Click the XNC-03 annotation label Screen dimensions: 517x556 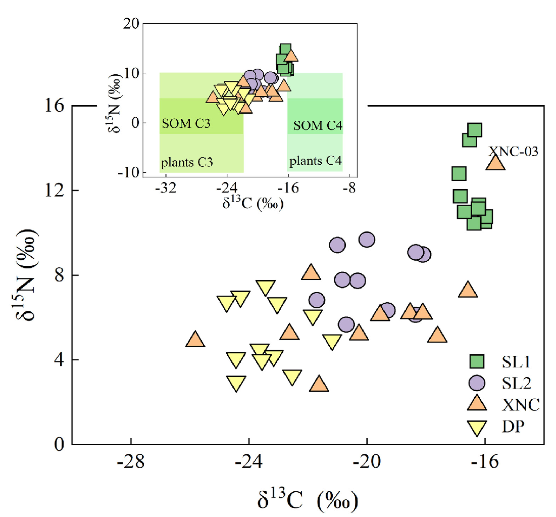(513, 151)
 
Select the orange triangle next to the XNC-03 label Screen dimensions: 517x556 (495, 163)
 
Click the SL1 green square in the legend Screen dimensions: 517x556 (477, 361)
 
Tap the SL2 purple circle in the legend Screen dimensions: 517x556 (477, 383)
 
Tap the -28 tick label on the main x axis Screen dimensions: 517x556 (131, 462)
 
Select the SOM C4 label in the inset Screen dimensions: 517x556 (318, 125)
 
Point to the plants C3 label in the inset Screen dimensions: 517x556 (187, 163)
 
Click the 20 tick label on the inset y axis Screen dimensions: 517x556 (132, 23)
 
